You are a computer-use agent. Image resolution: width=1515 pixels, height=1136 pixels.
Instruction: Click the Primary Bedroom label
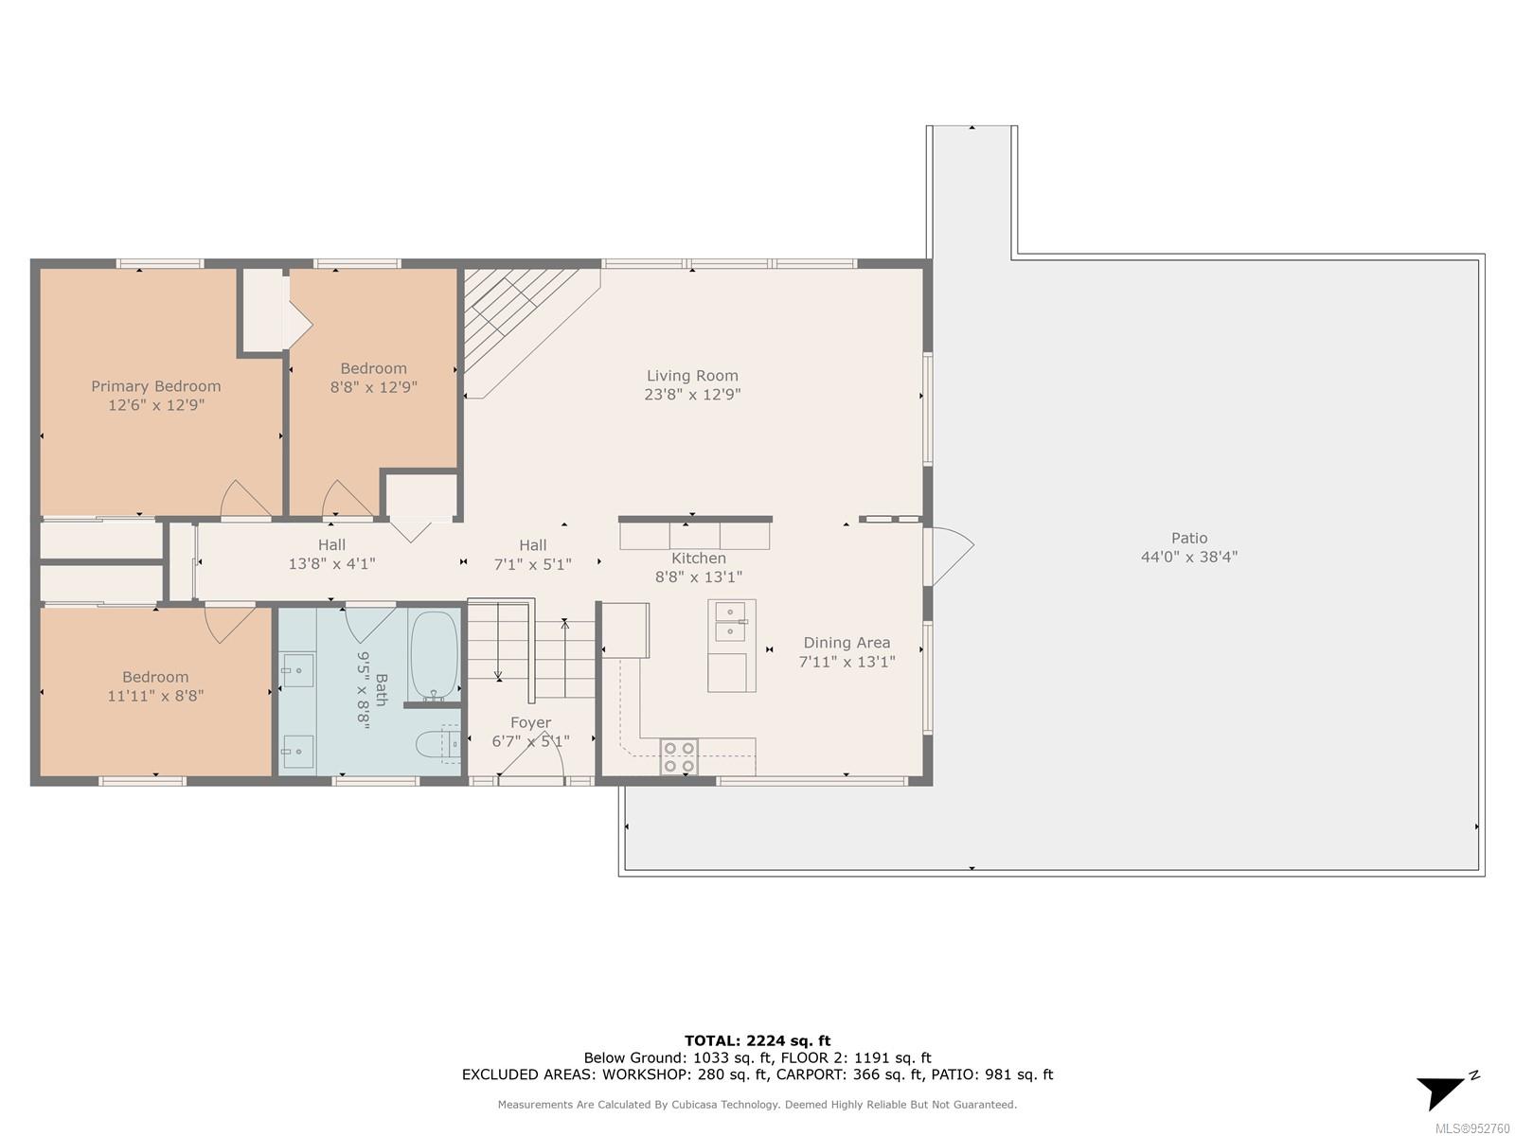point(156,386)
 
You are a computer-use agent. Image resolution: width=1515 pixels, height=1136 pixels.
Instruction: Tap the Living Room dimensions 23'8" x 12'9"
point(692,395)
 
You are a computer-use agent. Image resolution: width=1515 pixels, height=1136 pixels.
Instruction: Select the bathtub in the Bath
point(434,655)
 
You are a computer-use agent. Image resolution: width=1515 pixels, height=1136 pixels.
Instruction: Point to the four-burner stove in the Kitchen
point(679,756)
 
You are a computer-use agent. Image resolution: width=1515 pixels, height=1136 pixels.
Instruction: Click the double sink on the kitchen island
point(731,622)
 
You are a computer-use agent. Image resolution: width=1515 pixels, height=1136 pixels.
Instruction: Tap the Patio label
point(1189,538)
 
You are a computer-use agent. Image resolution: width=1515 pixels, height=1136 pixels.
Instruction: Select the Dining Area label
point(847,643)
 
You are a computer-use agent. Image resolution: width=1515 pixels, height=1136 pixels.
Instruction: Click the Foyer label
point(531,723)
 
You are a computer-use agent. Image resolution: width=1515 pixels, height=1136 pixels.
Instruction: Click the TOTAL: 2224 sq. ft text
point(757,1040)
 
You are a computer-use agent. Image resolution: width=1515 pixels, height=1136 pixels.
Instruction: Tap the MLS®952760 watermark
point(1472,1128)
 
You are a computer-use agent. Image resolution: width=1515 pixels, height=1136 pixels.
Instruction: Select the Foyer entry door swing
point(531,759)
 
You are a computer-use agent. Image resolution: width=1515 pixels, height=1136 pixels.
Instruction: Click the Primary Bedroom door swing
point(245,498)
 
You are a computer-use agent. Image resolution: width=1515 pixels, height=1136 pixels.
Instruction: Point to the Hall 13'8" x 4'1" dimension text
point(332,564)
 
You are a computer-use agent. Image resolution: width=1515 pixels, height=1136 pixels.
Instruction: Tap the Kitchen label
point(699,559)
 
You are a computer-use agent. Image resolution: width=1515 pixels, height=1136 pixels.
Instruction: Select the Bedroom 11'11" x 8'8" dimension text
point(155,696)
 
